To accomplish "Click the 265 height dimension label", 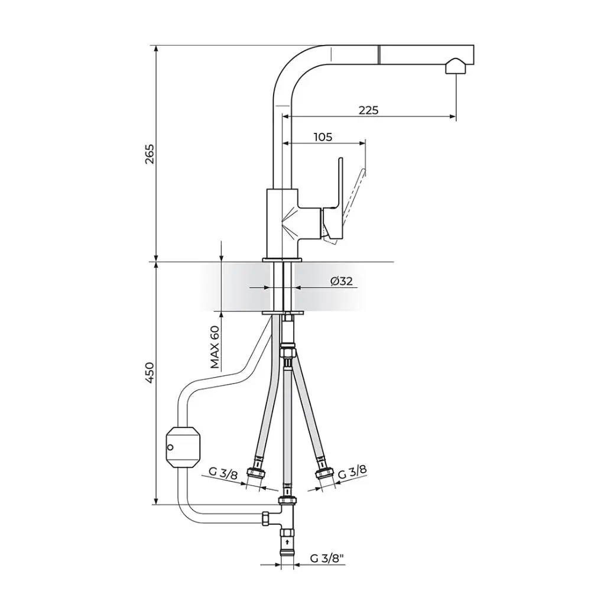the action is coord(150,154).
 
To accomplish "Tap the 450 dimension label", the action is coord(150,373).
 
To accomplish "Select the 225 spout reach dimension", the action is coord(368,110).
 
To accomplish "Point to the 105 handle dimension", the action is coord(323,137).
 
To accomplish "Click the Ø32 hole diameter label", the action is coord(342,281).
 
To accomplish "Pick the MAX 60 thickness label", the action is coord(215,346).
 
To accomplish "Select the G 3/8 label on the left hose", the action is coord(223,473).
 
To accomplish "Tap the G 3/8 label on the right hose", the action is coord(352,472).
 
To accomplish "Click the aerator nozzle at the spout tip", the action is coord(456,66).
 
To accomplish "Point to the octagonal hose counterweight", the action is coord(183,447).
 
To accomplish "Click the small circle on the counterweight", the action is coord(170,447).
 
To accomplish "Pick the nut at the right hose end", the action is coord(323,472).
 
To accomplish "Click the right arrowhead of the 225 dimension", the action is coord(453,116).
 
